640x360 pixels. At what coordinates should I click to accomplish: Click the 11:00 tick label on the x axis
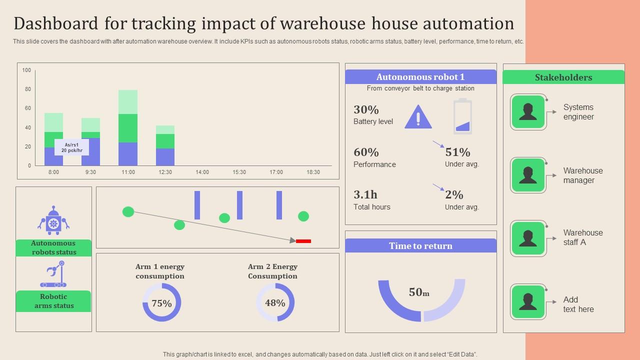(x=128, y=172)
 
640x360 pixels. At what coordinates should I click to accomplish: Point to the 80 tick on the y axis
(x=28, y=89)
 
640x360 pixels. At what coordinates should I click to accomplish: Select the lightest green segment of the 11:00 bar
(x=128, y=102)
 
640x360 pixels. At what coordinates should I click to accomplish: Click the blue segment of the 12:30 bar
(x=165, y=157)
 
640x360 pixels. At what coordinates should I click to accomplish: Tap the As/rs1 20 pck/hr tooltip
(x=71, y=147)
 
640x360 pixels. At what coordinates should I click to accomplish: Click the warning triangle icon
(x=418, y=117)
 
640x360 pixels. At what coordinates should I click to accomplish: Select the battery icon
(x=462, y=116)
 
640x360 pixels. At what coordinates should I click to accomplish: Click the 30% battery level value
(x=366, y=109)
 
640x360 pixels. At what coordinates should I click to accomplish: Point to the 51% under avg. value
(x=457, y=152)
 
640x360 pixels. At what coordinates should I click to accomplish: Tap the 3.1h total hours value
(x=365, y=194)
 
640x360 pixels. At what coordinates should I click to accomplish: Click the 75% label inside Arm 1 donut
(x=161, y=303)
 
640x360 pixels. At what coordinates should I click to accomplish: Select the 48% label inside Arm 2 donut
(x=275, y=303)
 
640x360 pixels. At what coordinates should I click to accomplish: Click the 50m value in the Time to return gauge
(x=419, y=292)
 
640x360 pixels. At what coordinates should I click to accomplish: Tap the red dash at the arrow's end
(x=303, y=241)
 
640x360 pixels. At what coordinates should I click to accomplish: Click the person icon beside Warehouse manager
(x=528, y=175)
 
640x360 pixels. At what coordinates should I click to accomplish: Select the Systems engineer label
(x=578, y=112)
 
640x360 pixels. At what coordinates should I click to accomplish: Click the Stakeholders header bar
(x=563, y=77)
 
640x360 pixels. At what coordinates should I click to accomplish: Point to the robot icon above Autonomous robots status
(x=53, y=220)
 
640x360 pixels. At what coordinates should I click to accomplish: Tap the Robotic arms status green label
(x=53, y=301)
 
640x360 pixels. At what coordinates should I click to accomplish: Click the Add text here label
(x=578, y=304)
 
